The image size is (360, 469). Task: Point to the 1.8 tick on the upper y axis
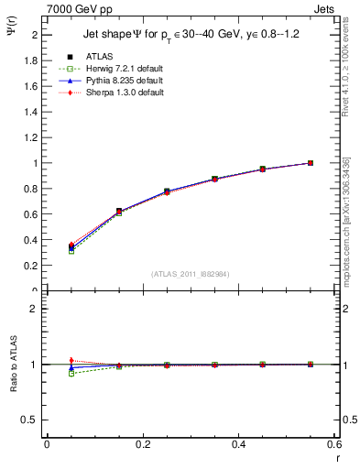(x=32, y=60)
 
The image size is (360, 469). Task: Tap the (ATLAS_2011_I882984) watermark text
(x=191, y=274)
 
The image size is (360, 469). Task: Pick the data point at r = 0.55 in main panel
(x=311, y=163)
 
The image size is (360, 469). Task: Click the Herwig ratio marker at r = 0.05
(x=71, y=373)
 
